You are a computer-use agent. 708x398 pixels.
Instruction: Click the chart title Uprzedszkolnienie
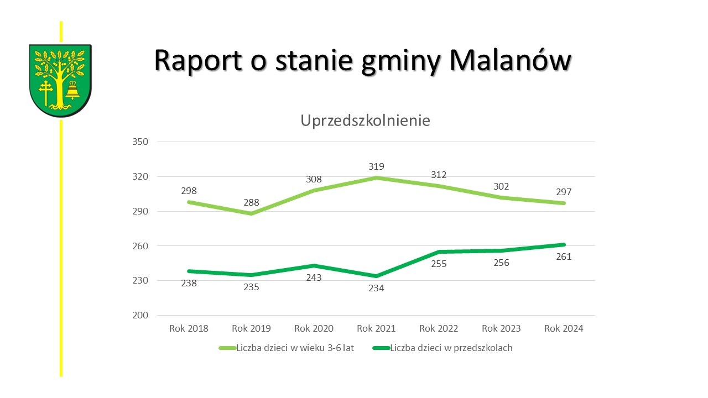click(x=365, y=121)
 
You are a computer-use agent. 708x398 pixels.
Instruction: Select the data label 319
click(x=376, y=166)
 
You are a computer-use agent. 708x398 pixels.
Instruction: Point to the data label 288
click(x=251, y=202)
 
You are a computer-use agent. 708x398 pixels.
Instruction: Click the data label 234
click(x=376, y=288)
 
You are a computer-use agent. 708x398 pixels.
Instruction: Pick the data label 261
click(x=564, y=256)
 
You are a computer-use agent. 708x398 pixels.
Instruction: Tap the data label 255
click(x=439, y=264)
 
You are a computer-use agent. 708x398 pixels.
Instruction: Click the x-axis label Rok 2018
click(x=189, y=328)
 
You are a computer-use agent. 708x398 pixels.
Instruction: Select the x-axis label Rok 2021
click(x=376, y=328)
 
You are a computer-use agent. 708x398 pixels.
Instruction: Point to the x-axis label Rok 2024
click(x=564, y=328)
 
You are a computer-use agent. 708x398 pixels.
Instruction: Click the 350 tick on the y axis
click(x=141, y=142)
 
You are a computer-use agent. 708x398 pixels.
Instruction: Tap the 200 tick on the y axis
click(x=141, y=315)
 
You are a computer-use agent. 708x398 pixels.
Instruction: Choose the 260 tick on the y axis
click(x=141, y=246)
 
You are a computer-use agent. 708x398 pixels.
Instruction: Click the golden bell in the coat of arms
click(x=72, y=91)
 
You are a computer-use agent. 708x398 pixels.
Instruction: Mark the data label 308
click(x=314, y=179)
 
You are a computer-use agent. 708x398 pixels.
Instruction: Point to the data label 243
click(x=314, y=277)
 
